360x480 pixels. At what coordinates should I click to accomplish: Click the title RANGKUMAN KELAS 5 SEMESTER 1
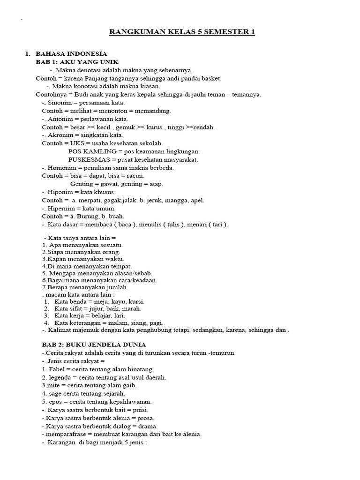pos(182,32)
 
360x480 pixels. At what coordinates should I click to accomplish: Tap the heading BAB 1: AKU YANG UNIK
pos(77,62)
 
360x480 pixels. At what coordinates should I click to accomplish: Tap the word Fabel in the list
pos(57,369)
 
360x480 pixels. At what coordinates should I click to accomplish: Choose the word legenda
pos(59,377)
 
